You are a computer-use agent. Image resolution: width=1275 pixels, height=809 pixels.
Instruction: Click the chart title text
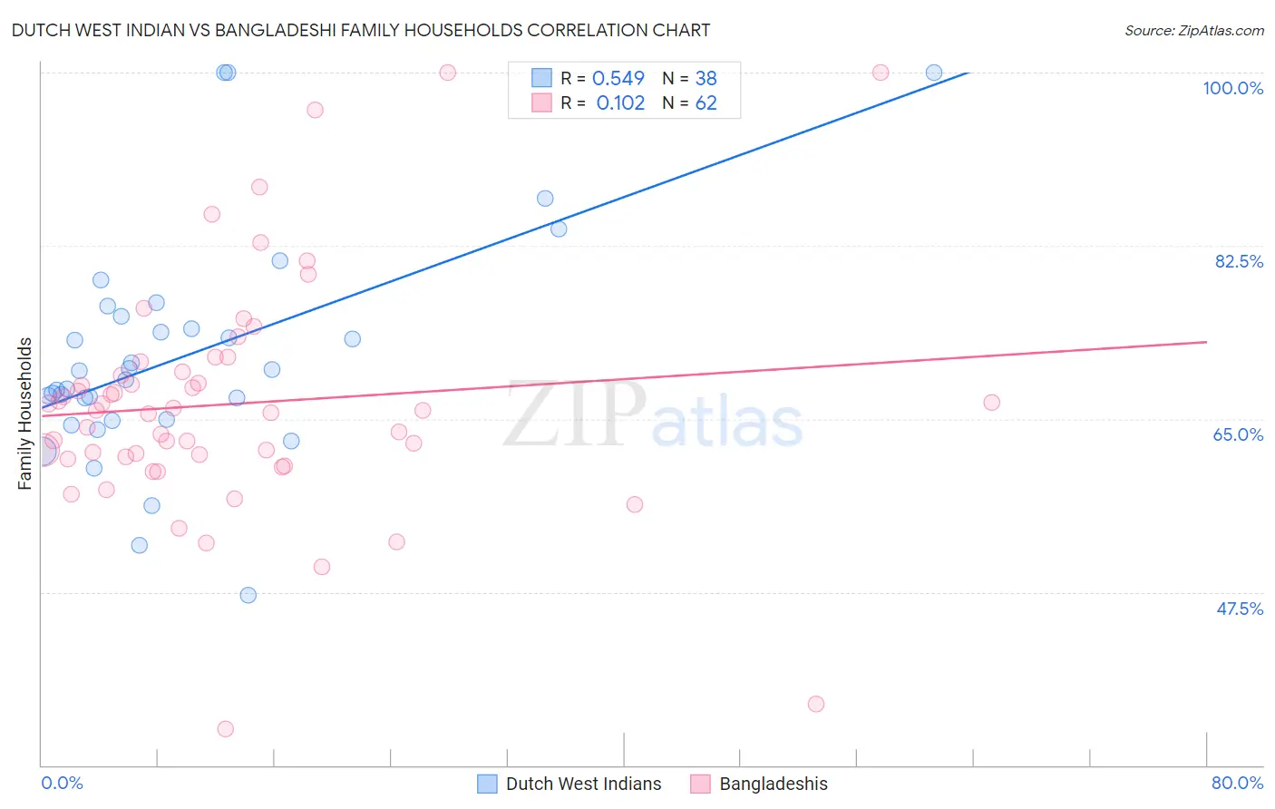tap(360, 30)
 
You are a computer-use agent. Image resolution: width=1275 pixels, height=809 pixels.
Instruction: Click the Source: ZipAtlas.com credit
tap(1193, 30)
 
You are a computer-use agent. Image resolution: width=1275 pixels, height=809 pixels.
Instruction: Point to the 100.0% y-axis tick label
tap(1232, 88)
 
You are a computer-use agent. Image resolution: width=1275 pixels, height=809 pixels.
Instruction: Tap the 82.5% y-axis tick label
tap(1239, 261)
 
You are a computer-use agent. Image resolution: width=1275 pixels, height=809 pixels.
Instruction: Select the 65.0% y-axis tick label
tap(1238, 434)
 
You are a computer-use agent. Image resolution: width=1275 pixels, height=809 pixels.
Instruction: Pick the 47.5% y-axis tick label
tap(1239, 609)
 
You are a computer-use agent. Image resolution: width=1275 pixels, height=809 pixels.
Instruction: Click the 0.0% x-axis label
tap(62, 783)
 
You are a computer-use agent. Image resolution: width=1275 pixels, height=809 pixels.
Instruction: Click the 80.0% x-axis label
tap(1237, 783)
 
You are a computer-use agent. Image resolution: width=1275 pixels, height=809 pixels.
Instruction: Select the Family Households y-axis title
tap(25, 414)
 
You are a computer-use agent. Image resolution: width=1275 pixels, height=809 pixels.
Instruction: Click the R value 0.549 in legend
tap(618, 79)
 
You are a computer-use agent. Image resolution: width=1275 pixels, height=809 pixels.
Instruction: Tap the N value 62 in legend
tap(706, 103)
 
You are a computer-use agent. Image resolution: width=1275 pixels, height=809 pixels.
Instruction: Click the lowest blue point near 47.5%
tap(248, 595)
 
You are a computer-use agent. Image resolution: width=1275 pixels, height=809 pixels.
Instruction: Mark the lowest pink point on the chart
tap(226, 729)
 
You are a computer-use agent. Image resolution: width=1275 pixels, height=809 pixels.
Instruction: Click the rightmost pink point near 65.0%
tap(991, 403)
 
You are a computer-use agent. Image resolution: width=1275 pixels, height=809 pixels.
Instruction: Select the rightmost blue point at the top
tap(934, 73)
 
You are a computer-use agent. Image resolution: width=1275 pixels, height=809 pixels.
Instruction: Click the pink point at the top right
tap(881, 73)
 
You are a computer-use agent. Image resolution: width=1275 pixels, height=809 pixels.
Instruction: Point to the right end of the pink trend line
tap(1206, 342)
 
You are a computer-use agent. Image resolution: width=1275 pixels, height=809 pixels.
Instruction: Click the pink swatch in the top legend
tap(541, 102)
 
